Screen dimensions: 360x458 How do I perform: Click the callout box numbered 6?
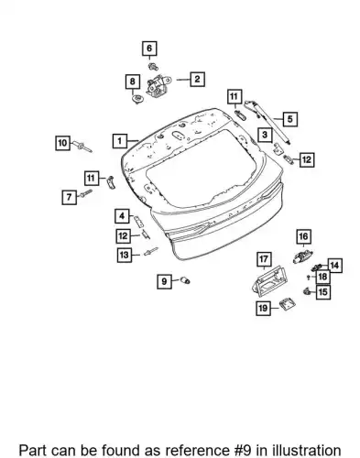tap(149, 49)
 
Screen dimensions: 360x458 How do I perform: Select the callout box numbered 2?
tap(197, 79)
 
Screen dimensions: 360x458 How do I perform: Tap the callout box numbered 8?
tap(132, 82)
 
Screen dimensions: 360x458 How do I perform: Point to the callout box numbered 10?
tap(62, 143)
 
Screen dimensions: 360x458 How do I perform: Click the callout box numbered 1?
tap(120, 141)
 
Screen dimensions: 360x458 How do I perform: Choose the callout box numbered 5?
tap(289, 119)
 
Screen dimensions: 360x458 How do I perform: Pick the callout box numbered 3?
tap(265, 135)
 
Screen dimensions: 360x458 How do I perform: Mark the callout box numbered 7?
tap(70, 197)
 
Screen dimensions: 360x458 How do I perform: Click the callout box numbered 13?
tap(125, 255)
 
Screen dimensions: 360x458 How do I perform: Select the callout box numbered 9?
tap(164, 281)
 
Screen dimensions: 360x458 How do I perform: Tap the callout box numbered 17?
tap(264, 259)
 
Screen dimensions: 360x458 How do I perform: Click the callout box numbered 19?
tap(263, 308)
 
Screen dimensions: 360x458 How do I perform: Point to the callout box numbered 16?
tap(303, 236)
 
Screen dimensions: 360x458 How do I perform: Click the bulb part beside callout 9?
tap(185, 280)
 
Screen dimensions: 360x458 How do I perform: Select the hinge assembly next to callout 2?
tap(158, 86)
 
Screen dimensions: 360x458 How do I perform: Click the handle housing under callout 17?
tap(268, 281)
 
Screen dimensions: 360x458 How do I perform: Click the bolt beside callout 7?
tap(86, 193)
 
